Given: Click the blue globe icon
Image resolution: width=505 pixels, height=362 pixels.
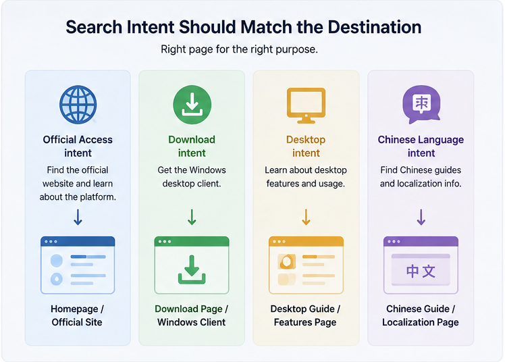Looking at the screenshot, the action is point(78,105).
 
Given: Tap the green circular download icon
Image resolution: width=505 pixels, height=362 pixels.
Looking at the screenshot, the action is point(192,105).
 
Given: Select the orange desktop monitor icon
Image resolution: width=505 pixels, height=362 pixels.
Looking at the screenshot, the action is point(306,105).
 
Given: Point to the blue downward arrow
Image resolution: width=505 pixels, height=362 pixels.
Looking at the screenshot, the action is point(78,217).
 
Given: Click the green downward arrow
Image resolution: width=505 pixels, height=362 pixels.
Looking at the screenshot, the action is point(192,217).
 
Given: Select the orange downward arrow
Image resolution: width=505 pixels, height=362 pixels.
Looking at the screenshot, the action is point(306,217).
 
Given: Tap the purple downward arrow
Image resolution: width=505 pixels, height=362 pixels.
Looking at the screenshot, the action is point(421,217).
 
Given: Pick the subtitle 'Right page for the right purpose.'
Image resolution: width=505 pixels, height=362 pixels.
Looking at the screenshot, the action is point(239,49).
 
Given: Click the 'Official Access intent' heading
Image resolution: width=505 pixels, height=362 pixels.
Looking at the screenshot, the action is point(78,146).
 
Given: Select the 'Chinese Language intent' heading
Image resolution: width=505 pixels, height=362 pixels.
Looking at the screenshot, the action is point(421,146).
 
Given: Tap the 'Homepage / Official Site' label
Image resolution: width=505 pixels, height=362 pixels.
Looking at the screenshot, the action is point(77,315).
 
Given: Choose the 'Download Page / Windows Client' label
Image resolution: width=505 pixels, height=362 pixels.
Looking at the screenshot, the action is point(192,315).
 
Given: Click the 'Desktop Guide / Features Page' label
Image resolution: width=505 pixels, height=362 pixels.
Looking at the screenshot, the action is point(305,315).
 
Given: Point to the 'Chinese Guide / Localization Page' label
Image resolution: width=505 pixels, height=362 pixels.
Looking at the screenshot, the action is point(421,315).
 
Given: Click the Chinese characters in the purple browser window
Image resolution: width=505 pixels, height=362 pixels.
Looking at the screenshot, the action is point(421,271).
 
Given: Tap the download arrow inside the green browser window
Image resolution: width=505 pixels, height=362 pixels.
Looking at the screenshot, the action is point(192,269).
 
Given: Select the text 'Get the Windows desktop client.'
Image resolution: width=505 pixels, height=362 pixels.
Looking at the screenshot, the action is point(192,176).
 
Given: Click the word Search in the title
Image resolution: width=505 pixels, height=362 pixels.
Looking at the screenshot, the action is point(94,27).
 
